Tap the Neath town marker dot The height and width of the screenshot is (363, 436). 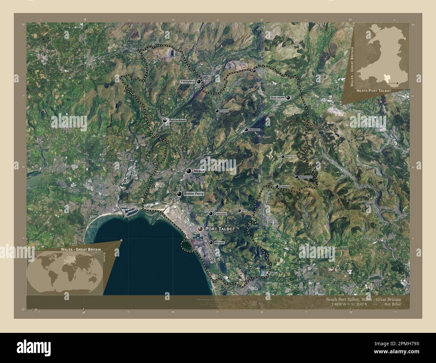click(189, 171)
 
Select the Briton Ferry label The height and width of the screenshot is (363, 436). click(194, 194)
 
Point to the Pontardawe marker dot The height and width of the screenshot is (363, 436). click(165, 120)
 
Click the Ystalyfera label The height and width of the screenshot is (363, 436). click(187, 81)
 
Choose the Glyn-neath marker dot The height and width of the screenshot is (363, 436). click(288, 98)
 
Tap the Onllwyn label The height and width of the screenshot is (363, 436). click(261, 71)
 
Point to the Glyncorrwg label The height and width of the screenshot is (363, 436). click(291, 157)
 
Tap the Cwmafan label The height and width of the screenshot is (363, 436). click(220, 213)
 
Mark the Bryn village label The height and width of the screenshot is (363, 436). click(244, 211)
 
